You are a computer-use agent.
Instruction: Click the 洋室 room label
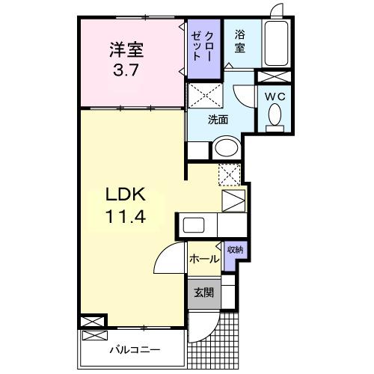pos(126,50)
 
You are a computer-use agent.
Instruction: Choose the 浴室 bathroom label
pos(239,42)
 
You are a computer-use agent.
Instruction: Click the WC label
pos(275,96)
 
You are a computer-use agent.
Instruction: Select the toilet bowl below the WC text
pos(275,116)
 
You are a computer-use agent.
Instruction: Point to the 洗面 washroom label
pos(218,118)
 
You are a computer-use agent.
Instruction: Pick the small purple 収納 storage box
pos(234,249)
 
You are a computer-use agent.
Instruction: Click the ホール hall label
pos(203,260)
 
